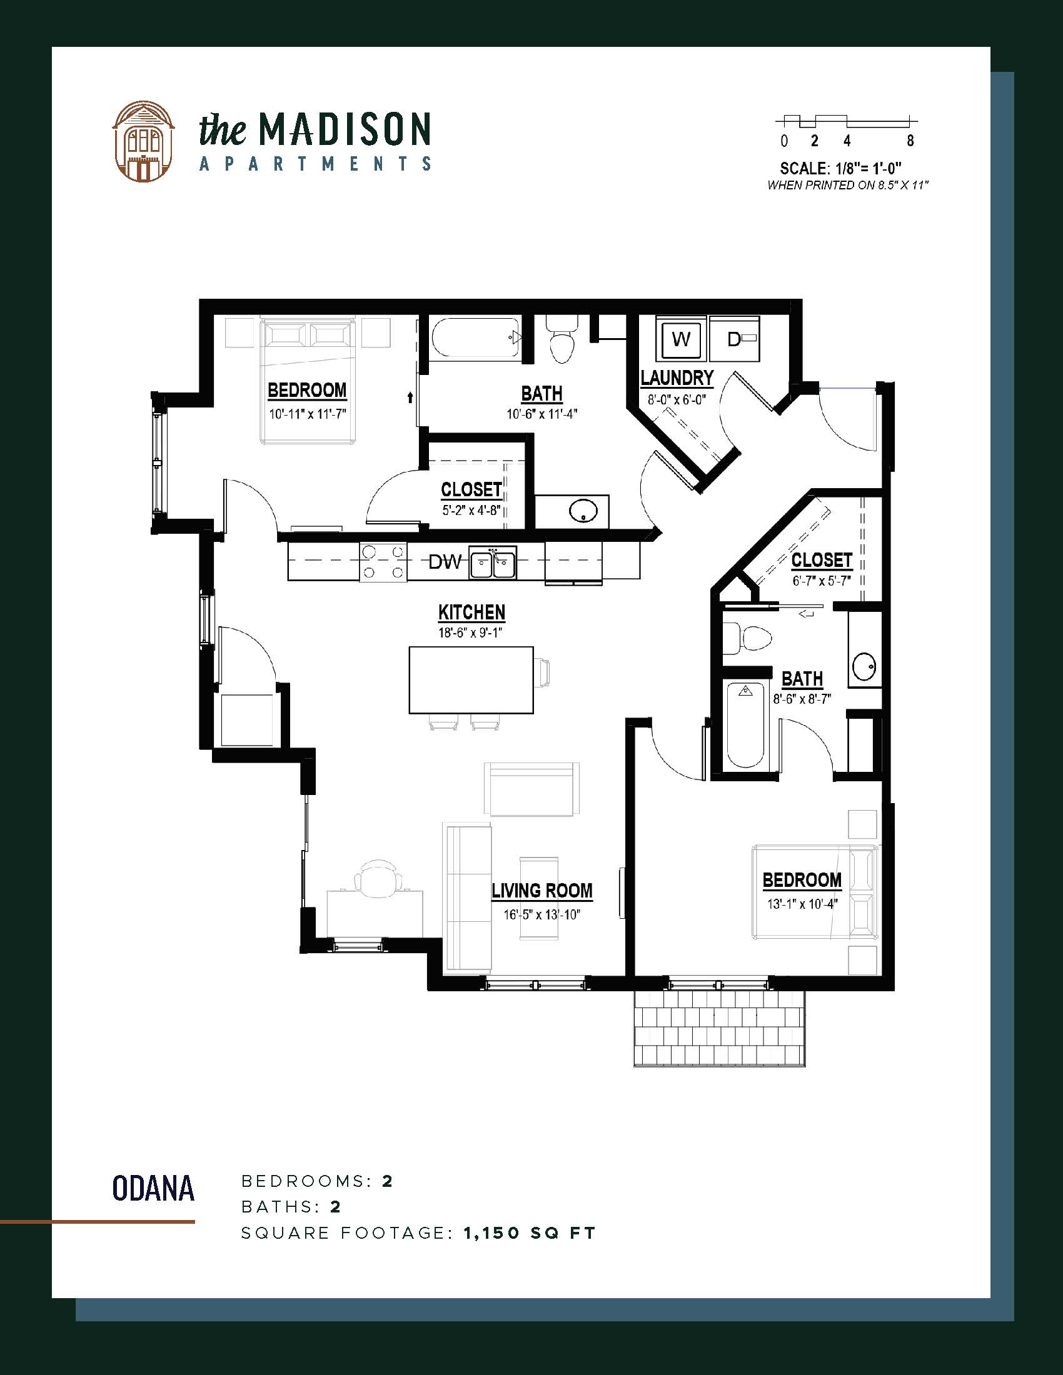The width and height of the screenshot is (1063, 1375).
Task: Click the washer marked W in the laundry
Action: (682, 339)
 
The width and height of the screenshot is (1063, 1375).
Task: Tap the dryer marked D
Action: (734, 339)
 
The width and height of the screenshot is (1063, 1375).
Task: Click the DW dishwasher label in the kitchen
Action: (445, 562)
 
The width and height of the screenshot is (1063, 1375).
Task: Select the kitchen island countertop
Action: (471, 680)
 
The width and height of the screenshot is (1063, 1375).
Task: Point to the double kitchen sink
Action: (493, 562)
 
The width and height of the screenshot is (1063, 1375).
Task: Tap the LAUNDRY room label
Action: (677, 377)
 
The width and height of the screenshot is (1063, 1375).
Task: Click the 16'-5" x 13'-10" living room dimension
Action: (541, 914)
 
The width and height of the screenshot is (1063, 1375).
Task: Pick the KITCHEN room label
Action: (471, 612)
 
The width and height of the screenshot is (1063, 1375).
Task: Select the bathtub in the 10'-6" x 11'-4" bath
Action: (476, 339)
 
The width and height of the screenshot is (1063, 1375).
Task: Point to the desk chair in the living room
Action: (378, 878)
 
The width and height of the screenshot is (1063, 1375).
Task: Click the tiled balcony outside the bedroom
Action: (719, 1028)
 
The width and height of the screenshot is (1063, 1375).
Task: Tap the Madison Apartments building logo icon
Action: (143, 141)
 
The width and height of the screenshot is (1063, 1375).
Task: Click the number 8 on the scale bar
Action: (910, 141)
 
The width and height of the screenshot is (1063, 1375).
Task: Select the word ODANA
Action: (153, 1188)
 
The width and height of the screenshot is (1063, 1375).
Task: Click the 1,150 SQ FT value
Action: (529, 1232)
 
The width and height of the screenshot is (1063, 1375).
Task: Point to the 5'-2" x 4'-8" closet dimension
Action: (470, 510)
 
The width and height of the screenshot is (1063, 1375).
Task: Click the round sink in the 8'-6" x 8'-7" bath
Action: (864, 666)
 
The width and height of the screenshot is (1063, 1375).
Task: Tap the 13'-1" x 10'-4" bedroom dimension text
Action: (802, 904)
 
